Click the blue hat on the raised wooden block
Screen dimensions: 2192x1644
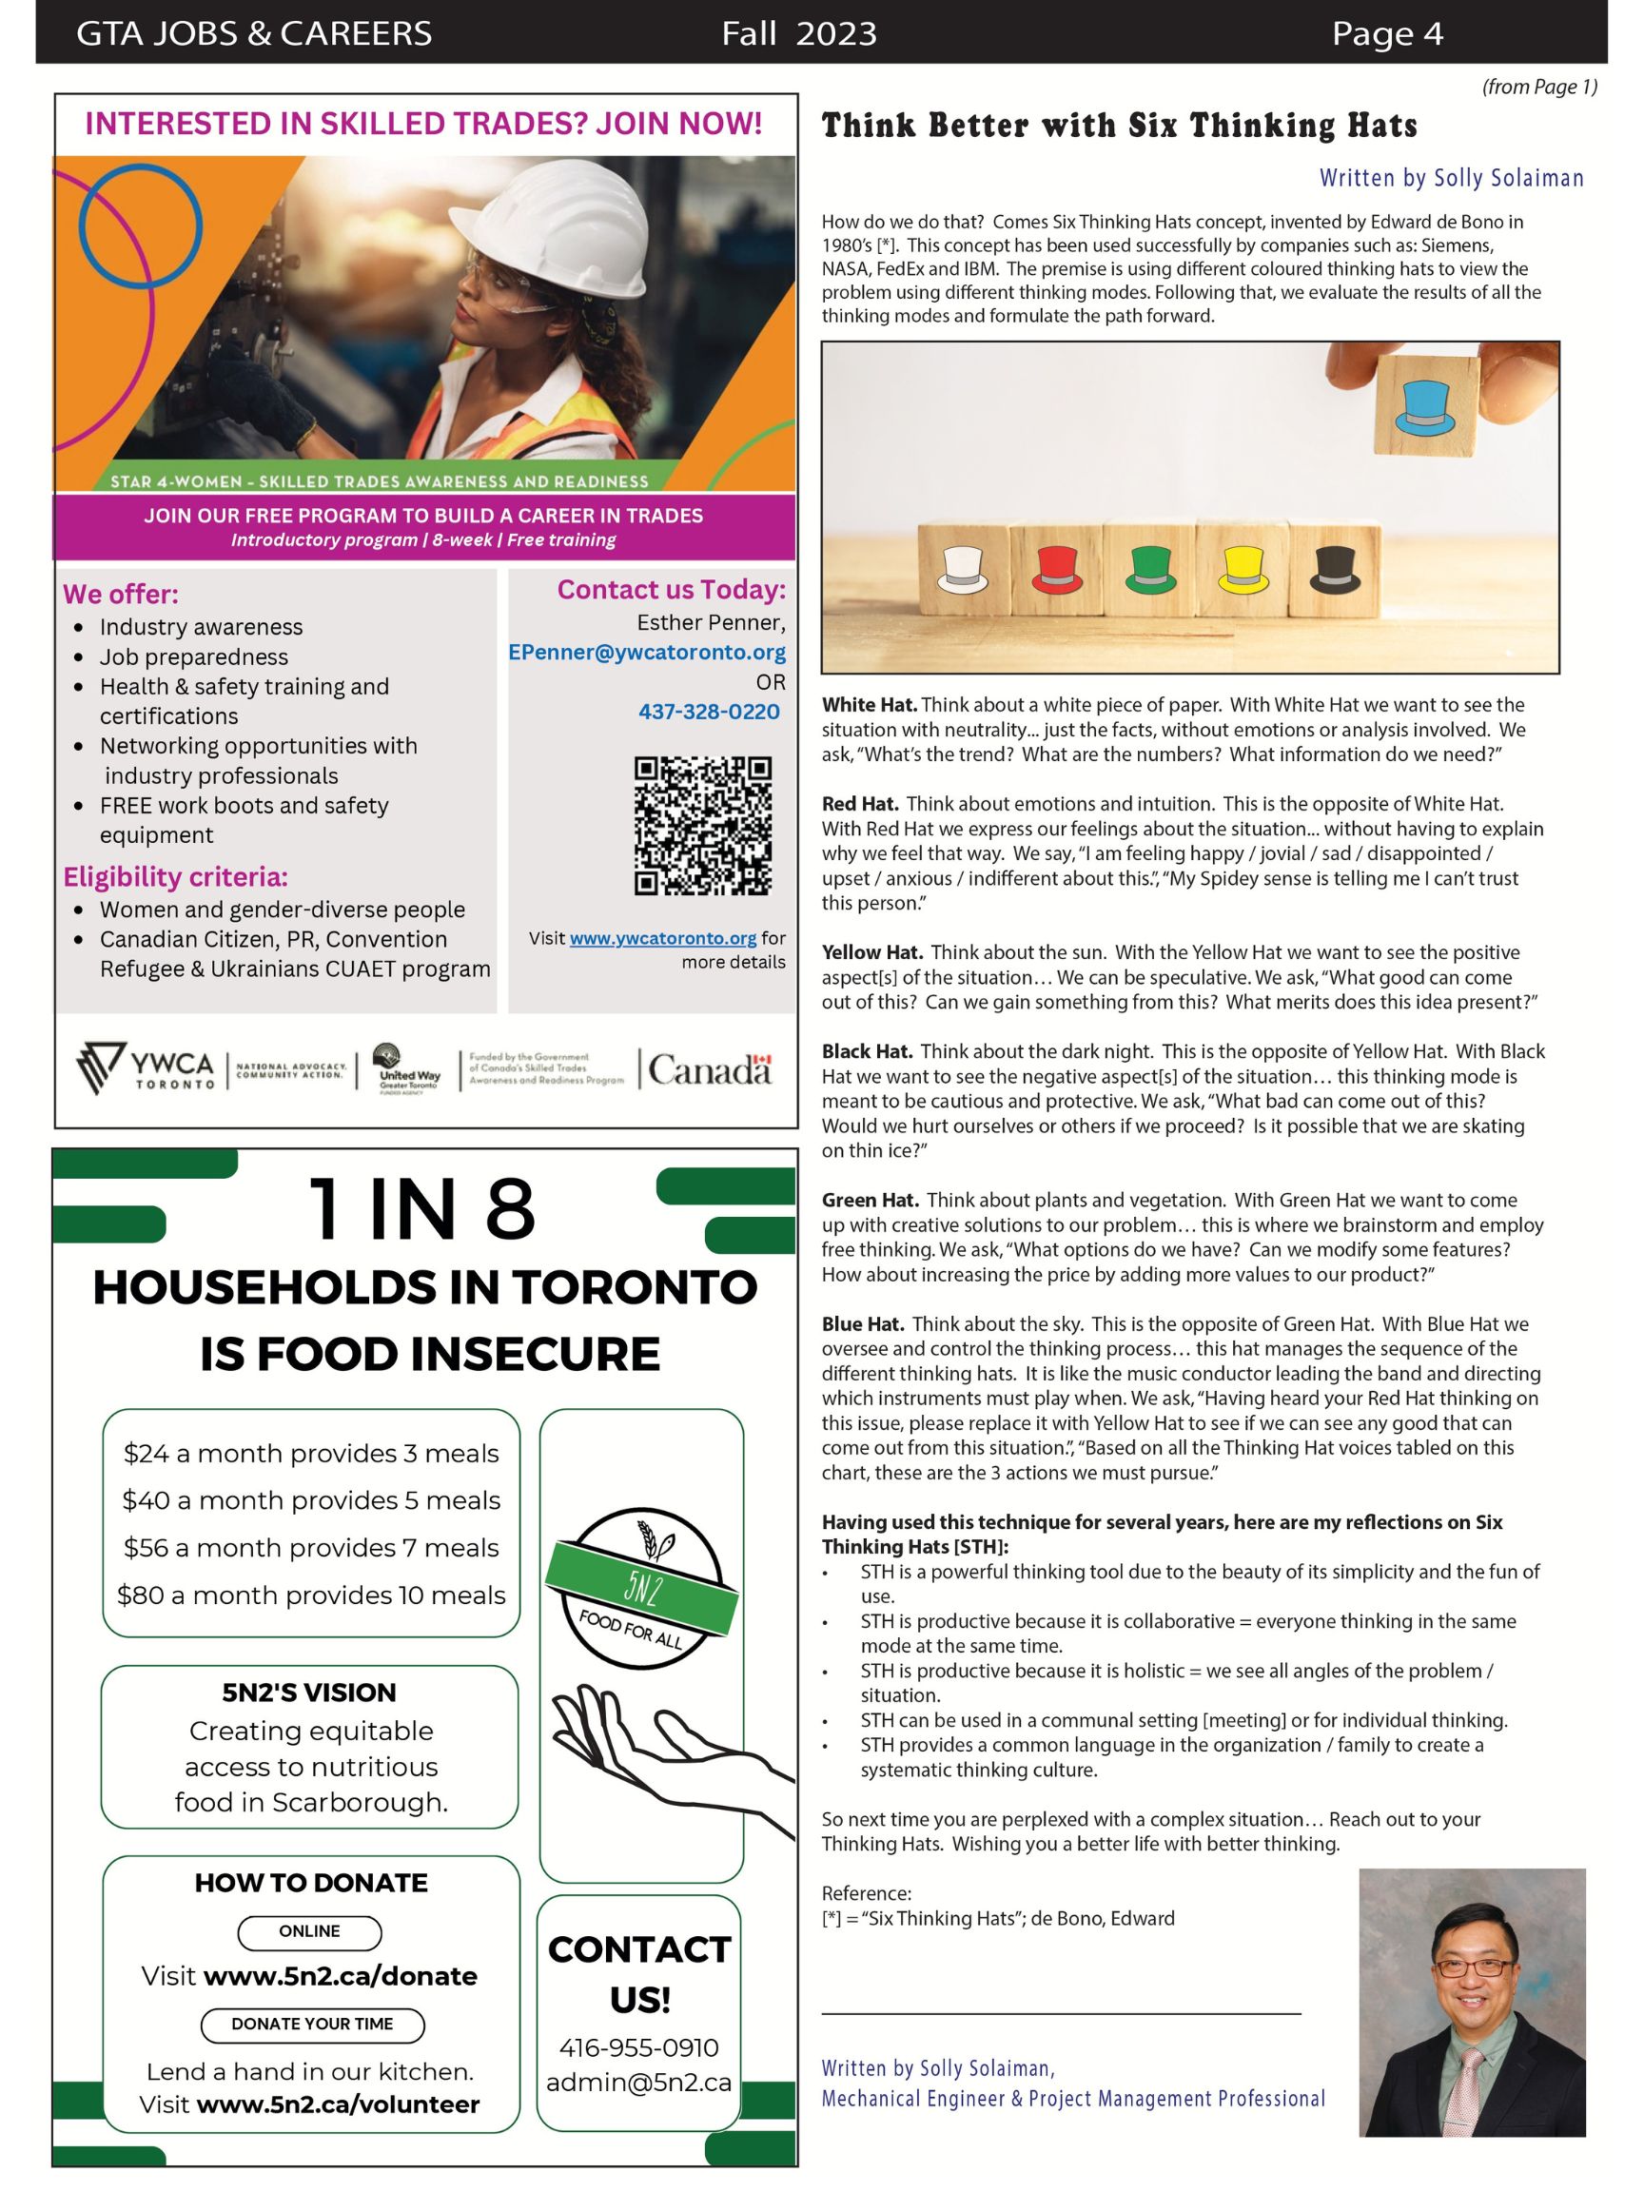(1425, 407)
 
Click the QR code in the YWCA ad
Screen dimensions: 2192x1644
(702, 827)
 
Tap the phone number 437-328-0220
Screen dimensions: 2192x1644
(709, 712)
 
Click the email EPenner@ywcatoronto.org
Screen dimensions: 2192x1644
(646, 652)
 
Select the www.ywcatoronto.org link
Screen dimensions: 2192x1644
(663, 937)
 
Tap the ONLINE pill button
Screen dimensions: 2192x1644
(309, 1932)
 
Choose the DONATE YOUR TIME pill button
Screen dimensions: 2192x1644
(312, 2025)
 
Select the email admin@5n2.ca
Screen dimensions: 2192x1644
(639, 2083)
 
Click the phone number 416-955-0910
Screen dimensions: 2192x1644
(639, 2047)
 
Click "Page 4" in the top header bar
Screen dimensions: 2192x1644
(1386, 33)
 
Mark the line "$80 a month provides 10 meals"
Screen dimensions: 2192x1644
(311, 1595)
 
